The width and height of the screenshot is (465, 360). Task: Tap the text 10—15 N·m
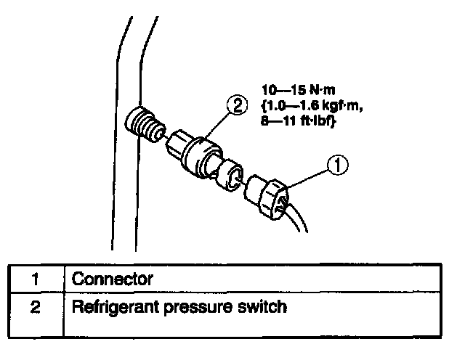tap(294, 92)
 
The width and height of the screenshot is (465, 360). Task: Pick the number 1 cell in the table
tap(36, 279)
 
